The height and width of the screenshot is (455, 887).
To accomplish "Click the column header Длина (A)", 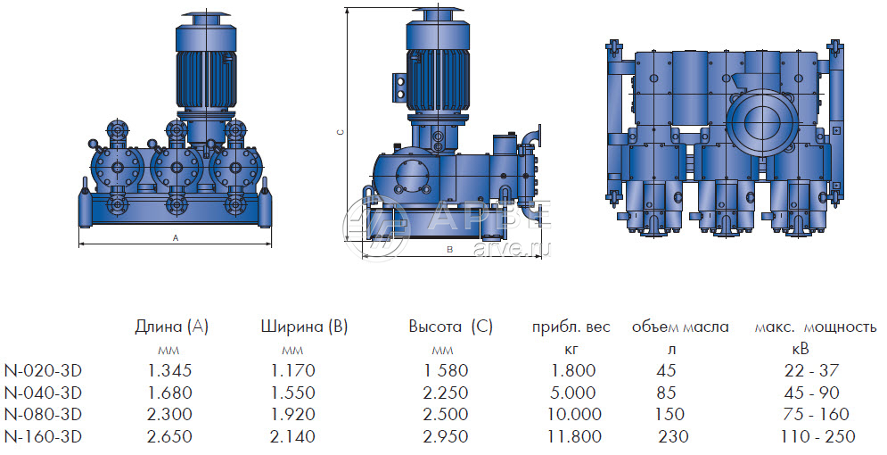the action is (171, 327).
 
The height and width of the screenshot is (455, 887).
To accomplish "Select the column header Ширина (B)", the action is (304, 327).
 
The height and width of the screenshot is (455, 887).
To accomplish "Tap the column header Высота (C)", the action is (451, 327).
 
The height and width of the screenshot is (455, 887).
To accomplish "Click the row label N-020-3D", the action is (43, 371).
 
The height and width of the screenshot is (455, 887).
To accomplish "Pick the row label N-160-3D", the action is (43, 437).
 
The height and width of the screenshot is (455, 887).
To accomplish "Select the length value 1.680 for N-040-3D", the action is (169, 393).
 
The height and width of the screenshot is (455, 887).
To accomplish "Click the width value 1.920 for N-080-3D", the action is (292, 415).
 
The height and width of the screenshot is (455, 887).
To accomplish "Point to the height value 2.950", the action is (446, 437).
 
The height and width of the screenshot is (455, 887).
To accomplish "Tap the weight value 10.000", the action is (573, 415).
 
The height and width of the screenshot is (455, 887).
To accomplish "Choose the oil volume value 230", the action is (674, 437).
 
